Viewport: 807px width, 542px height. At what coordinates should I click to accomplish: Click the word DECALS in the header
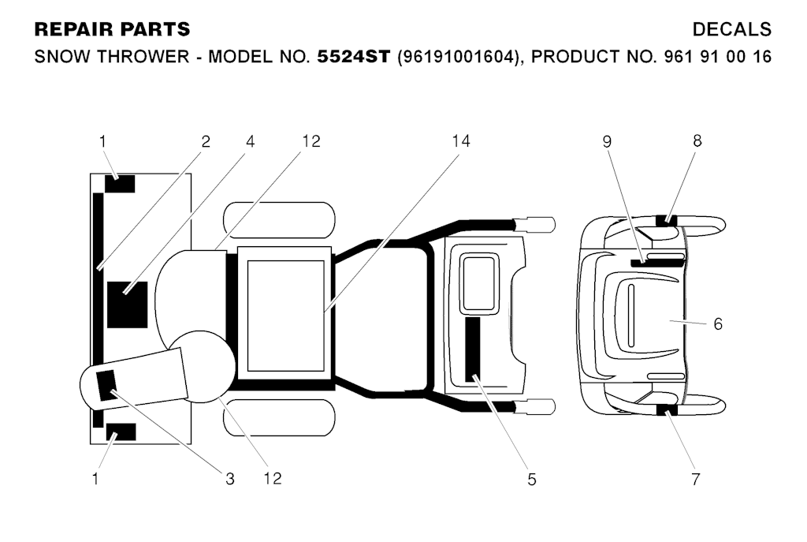(x=731, y=29)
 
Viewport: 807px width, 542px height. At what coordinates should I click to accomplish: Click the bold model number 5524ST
(x=354, y=56)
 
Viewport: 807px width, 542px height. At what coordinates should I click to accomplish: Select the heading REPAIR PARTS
(x=112, y=29)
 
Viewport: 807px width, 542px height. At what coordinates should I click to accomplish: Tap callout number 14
(x=460, y=141)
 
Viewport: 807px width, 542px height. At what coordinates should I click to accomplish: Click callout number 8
(x=697, y=140)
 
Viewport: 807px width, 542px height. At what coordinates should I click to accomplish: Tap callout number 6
(x=718, y=324)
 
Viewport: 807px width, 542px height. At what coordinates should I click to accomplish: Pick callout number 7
(x=696, y=479)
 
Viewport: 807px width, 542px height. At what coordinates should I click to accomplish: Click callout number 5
(x=532, y=479)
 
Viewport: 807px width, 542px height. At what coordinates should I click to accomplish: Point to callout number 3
(x=229, y=479)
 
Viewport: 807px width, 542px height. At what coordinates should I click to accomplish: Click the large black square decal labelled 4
(x=127, y=305)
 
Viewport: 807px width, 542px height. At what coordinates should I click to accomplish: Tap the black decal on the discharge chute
(x=107, y=385)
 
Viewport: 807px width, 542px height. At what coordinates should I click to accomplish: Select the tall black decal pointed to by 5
(x=473, y=349)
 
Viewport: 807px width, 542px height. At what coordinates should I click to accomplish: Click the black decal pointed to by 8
(x=666, y=221)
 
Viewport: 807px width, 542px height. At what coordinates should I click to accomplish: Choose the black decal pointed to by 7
(x=667, y=410)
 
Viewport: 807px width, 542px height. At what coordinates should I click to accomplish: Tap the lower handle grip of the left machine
(x=535, y=407)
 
